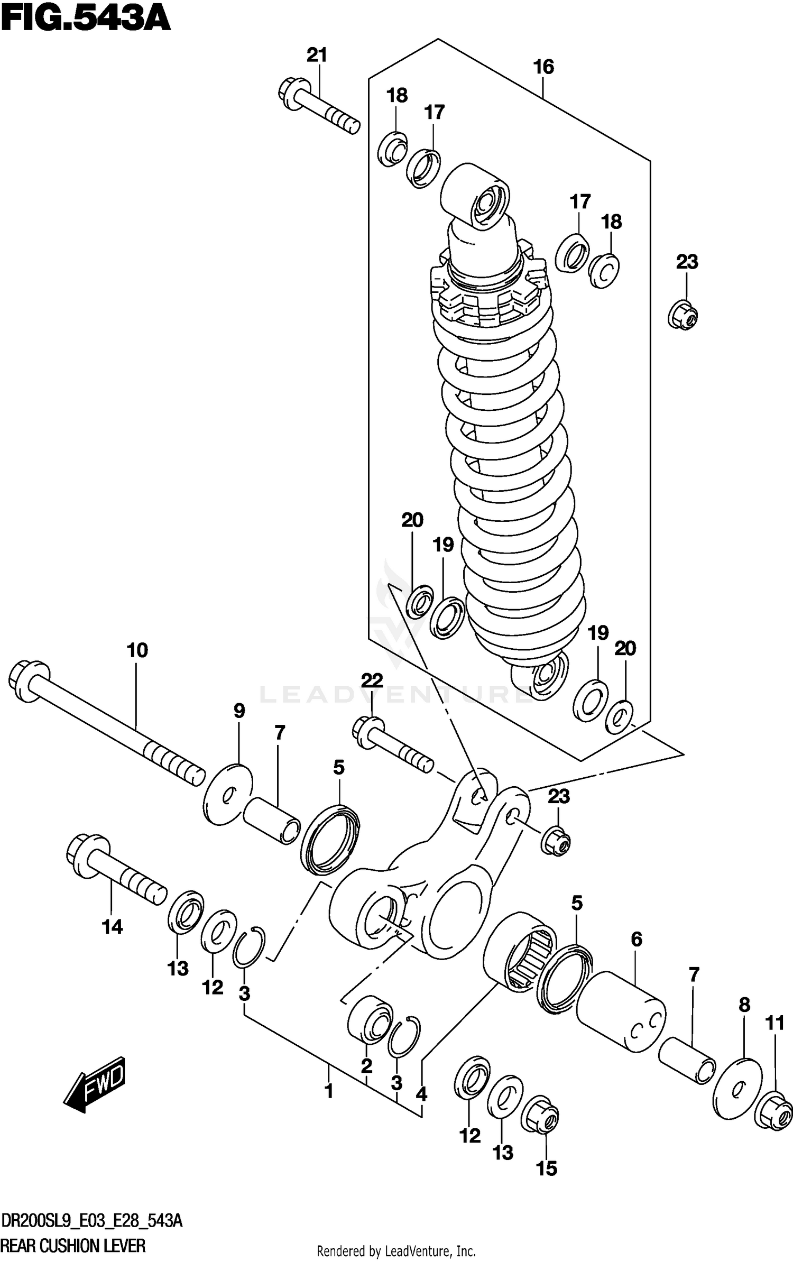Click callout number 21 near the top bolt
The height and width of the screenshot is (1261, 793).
pyautogui.click(x=317, y=55)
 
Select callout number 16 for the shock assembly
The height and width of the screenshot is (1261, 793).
pyautogui.click(x=543, y=67)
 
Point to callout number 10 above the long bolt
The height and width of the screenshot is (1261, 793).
pyautogui.click(x=137, y=650)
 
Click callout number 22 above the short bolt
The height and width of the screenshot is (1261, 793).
pyautogui.click(x=372, y=680)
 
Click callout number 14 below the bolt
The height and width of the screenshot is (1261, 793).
pyautogui.click(x=113, y=927)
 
